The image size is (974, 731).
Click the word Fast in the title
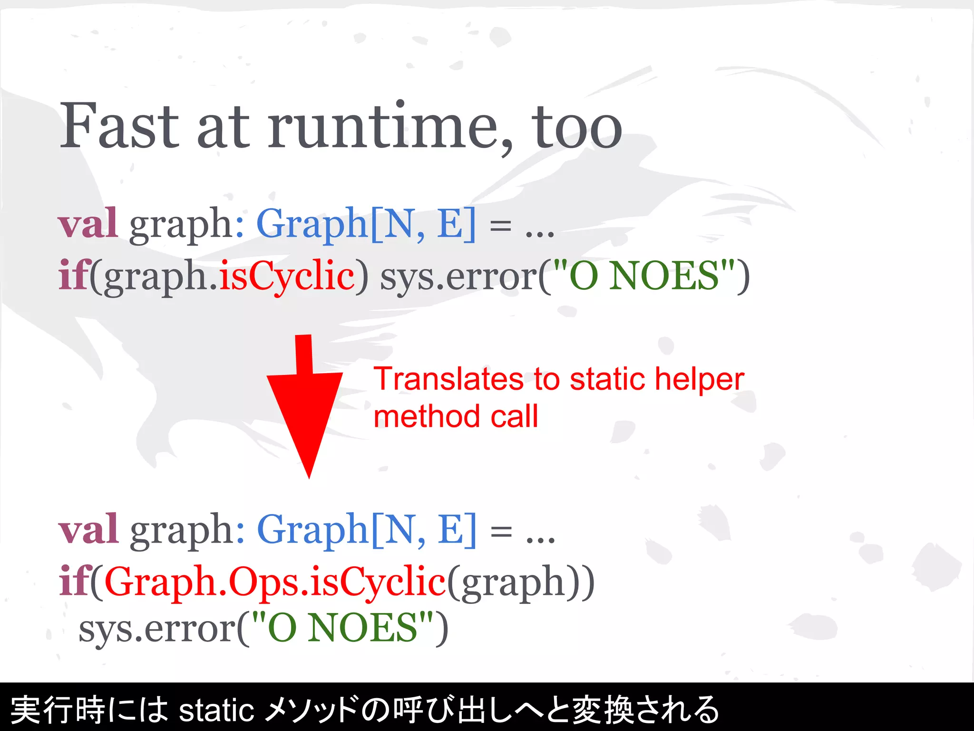click(x=119, y=126)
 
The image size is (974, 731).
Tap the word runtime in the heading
click(x=383, y=126)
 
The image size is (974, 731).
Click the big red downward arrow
click(x=307, y=405)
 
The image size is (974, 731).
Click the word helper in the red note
click(x=699, y=379)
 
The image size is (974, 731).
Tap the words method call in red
click(x=456, y=416)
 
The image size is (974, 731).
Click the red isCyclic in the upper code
click(x=287, y=276)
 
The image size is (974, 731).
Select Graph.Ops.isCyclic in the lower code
click(x=275, y=582)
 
